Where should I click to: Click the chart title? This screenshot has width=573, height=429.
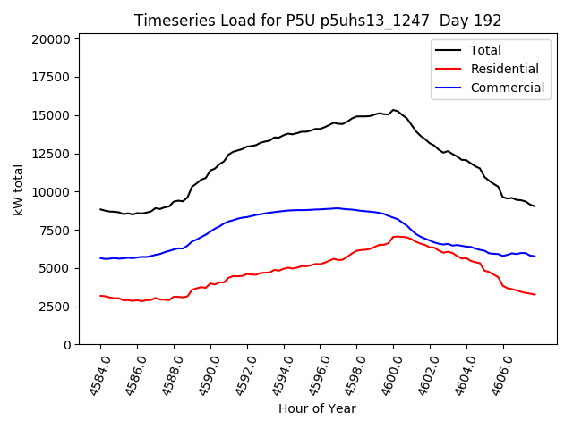click(x=318, y=21)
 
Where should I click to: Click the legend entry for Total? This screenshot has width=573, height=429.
click(x=485, y=50)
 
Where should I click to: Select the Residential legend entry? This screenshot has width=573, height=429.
click(x=504, y=69)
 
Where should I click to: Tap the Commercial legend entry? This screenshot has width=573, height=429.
click(x=507, y=88)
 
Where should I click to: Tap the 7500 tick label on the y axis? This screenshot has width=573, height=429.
click(x=56, y=231)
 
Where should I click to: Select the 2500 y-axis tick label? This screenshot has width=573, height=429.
click(x=56, y=307)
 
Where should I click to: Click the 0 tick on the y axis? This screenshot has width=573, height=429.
click(x=68, y=345)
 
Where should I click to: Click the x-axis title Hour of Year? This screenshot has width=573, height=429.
click(x=317, y=408)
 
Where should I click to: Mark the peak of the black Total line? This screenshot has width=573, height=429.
click(x=393, y=110)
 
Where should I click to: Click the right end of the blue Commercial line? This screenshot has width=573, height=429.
click(x=535, y=257)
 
